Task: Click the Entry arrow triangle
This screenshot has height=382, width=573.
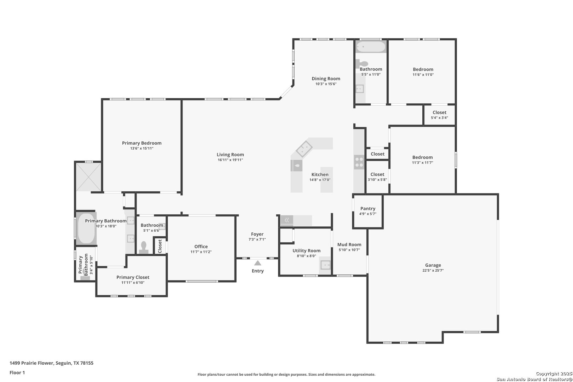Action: (257, 263)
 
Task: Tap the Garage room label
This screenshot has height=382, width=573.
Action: (433, 265)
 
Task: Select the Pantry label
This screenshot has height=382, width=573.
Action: (368, 209)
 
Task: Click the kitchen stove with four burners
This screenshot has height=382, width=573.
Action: (359, 162)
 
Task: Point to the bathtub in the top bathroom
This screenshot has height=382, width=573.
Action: (371, 47)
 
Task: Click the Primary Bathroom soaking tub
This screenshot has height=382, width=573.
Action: (86, 228)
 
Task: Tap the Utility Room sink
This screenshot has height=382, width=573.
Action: (325, 265)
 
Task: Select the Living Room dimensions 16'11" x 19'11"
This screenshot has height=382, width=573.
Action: (230, 160)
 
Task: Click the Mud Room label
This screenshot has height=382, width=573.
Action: (349, 245)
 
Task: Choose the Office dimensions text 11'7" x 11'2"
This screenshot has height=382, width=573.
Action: (201, 252)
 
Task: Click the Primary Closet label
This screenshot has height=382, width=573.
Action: (133, 277)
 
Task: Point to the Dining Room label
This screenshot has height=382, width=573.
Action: (326, 79)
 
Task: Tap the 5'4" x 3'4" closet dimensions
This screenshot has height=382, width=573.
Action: (439, 118)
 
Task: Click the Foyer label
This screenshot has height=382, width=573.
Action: (257, 234)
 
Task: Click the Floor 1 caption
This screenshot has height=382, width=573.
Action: (17, 372)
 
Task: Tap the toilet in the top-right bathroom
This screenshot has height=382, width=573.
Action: (362, 64)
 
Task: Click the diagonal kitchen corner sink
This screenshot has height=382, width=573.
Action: (304, 149)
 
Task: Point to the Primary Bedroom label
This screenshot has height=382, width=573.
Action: (142, 143)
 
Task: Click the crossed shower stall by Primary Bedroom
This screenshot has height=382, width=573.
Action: (89, 177)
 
